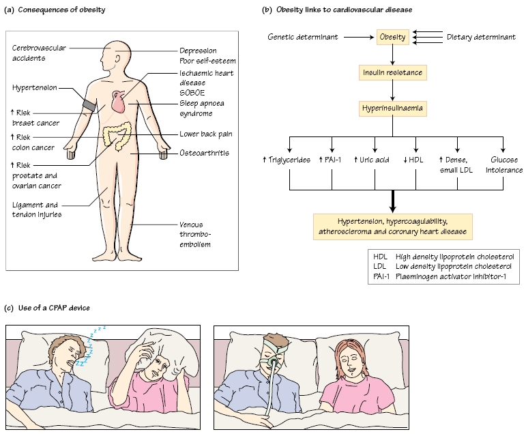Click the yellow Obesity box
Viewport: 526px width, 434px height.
point(392,36)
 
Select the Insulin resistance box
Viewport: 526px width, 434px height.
point(392,72)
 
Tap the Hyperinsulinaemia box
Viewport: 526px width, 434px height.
point(392,108)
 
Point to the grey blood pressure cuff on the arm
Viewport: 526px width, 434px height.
point(88,104)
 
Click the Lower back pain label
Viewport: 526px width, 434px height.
point(207,134)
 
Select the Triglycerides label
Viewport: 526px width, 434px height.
point(287,159)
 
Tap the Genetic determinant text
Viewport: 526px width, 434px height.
point(302,36)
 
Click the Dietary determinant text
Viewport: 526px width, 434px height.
point(481,36)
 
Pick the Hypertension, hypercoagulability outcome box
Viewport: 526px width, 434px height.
point(392,226)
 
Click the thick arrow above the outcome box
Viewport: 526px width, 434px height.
point(392,199)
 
